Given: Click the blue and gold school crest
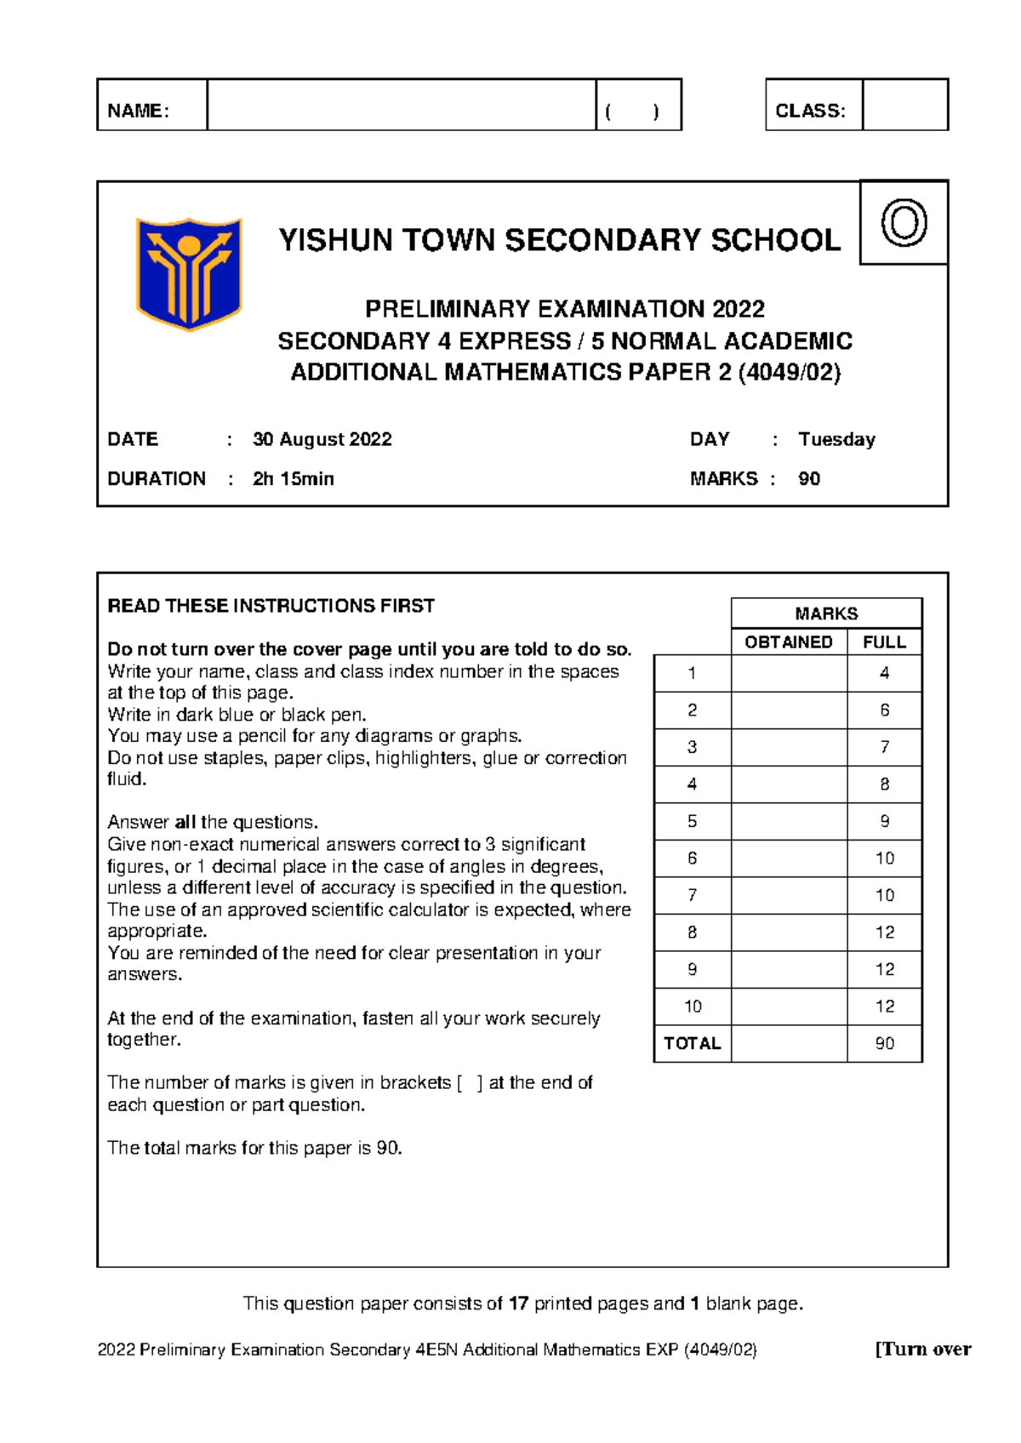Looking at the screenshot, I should pos(189,273).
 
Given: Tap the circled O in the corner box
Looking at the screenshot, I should pos(904,223).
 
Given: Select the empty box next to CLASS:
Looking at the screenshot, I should pos(904,106).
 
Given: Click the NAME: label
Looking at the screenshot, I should pos(139,111).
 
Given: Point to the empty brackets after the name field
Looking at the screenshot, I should pos(631,111).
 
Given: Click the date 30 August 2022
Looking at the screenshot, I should pos(322,440).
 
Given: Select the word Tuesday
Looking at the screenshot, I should pos(836,440).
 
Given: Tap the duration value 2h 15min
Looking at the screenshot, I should pos(293,479).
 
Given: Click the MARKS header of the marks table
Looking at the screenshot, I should pos(825,613).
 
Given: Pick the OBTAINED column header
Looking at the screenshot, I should pos(788,642).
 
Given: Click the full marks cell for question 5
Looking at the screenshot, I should pos(884,821).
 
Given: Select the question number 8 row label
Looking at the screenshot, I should pos(692,933).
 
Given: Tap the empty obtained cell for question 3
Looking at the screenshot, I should pos(789,747).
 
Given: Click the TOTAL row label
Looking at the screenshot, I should pos(692,1044).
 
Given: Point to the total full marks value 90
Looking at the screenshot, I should pos(884,1044).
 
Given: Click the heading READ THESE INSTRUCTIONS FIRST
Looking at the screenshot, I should pos(271,606).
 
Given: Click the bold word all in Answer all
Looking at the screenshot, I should pos(185,823).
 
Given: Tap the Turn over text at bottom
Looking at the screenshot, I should pos(923,1349).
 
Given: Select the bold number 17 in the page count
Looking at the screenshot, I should pos(518,1303).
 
